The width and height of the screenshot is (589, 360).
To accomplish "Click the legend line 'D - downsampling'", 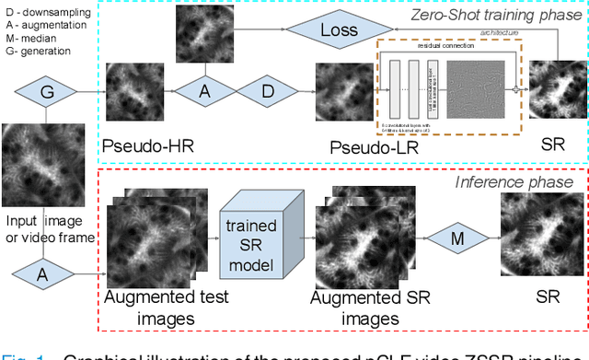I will point(48,11).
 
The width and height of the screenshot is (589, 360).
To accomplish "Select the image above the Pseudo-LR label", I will point(344,93).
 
